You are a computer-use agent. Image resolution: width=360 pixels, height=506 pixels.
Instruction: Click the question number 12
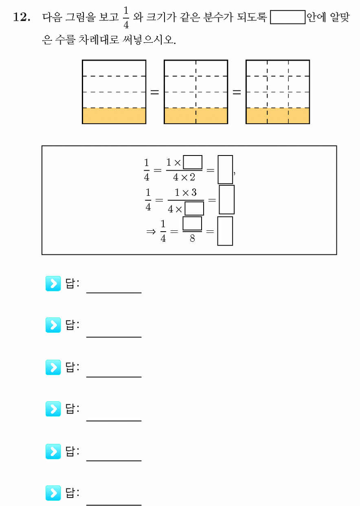coord(22,17)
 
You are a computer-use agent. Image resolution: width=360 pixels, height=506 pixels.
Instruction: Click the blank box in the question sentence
coord(288,17)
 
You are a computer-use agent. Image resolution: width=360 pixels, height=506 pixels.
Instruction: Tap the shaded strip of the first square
coord(114,116)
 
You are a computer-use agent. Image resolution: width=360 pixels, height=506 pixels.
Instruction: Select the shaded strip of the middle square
coord(196,116)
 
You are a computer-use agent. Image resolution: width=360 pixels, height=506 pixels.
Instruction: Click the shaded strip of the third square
coord(278,116)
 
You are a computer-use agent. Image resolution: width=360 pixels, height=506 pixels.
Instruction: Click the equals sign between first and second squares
coord(155,92)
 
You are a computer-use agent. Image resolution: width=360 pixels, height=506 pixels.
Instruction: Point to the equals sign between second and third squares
coord(237,92)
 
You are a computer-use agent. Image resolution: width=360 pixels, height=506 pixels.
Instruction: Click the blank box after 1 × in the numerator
coord(193,162)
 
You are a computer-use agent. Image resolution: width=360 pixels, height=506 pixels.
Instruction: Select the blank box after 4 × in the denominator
coord(194,208)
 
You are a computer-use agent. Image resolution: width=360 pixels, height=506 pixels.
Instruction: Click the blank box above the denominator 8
coord(192,223)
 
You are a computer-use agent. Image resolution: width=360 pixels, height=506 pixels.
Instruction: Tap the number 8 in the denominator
coord(192,238)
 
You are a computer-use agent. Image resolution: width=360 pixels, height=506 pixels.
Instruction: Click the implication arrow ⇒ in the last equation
coord(151,232)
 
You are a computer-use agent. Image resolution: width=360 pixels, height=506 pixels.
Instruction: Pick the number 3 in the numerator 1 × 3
coord(194,192)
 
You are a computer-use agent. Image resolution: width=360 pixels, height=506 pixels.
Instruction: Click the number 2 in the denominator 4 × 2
coord(192,177)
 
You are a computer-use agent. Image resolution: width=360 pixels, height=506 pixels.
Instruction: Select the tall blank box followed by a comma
coord(225,169)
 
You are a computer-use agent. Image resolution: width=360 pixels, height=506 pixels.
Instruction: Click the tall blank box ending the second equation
coord(227,199)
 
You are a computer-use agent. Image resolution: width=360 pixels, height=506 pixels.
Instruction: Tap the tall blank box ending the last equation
coord(225,231)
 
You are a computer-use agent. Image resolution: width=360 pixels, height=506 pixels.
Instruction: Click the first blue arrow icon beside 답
coord(53,283)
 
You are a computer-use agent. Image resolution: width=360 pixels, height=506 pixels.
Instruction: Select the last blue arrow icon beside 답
coord(53,493)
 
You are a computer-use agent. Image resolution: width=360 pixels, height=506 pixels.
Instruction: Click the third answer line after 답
coord(114,377)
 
